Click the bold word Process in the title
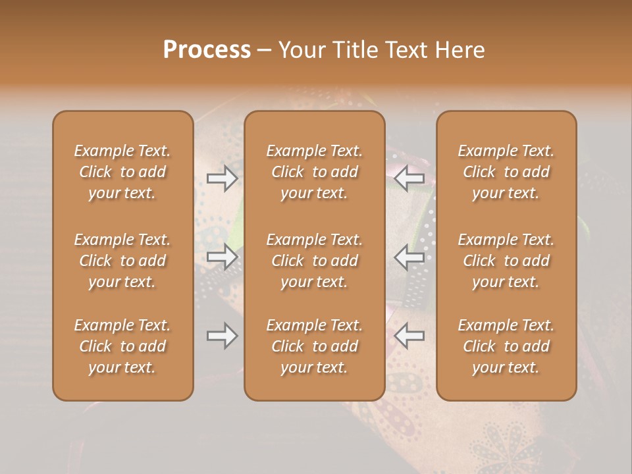coord(207,50)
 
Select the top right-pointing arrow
coord(223,178)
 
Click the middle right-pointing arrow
coord(223,257)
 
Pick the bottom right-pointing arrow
coord(223,336)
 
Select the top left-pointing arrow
coord(409,178)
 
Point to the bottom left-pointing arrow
coord(409,336)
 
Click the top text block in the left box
coord(122,172)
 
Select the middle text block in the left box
coord(122,261)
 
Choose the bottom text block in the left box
coord(122,346)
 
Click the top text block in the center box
coord(315,172)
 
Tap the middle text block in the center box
coord(315,261)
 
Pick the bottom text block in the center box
coord(315,346)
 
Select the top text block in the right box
coord(506,172)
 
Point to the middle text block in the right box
coord(506,261)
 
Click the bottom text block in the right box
coord(506,346)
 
